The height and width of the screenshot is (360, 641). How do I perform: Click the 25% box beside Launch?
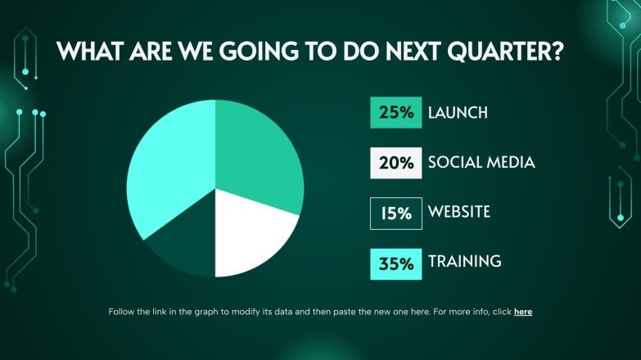tap(396, 113)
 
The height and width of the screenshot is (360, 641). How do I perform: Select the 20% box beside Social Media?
tap(396, 163)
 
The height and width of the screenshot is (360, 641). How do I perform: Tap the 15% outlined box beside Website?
tap(396, 214)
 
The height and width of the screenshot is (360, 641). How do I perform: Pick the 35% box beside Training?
tap(396, 263)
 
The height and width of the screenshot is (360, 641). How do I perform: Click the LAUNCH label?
tap(458, 113)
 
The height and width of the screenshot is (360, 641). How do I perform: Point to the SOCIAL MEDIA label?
tap(481, 163)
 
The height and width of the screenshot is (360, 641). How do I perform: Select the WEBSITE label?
tap(459, 213)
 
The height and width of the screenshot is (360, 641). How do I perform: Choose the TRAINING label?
tap(464, 263)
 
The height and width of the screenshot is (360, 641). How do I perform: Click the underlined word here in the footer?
tap(523, 312)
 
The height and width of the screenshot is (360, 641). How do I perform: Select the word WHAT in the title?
tap(88, 52)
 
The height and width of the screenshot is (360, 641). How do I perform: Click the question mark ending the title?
tap(557, 52)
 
